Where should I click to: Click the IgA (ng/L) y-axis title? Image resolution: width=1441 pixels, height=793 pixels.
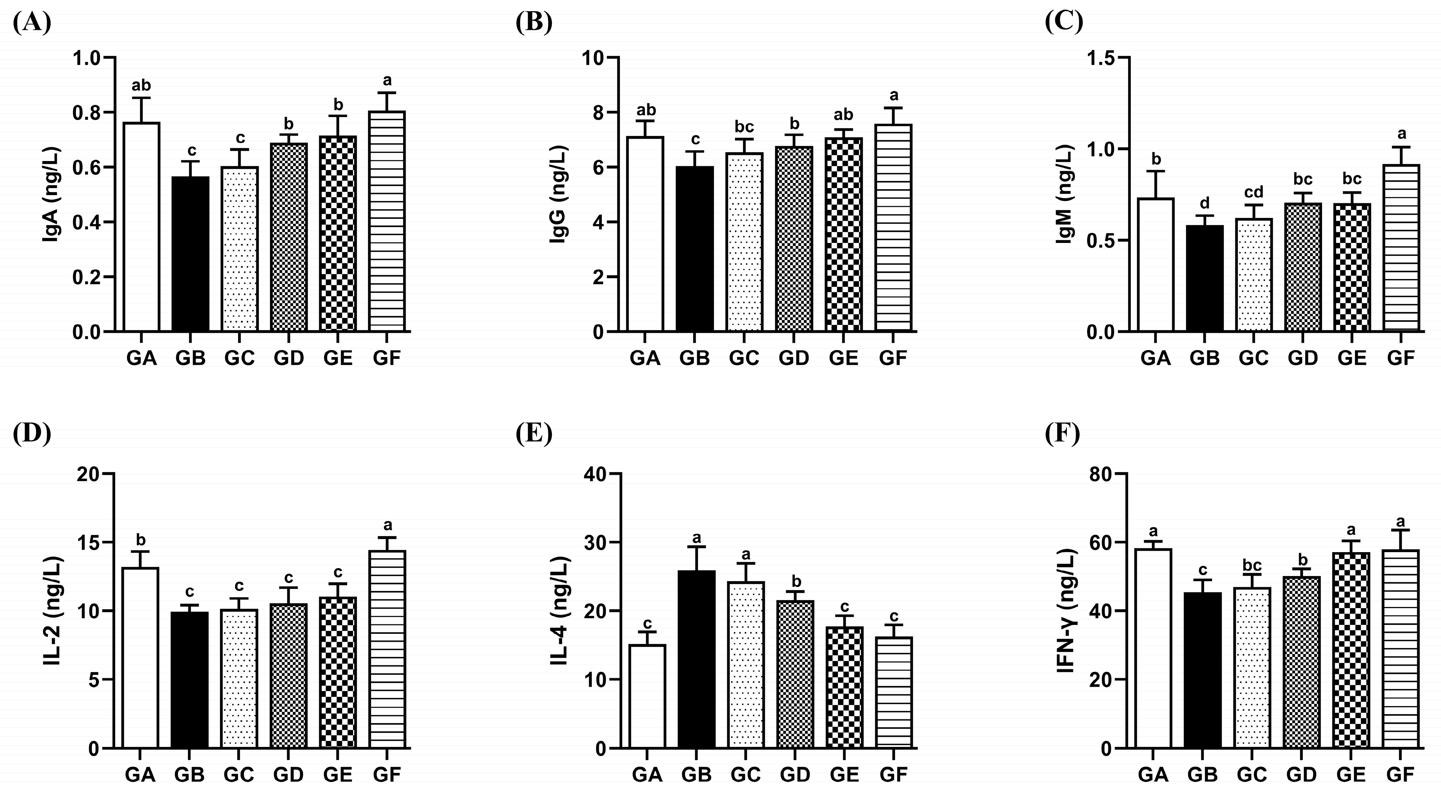pos(51,195)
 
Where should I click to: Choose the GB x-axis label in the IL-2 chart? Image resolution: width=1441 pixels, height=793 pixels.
pos(190,775)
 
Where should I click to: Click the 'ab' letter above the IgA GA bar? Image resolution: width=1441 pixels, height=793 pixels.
pos(142,86)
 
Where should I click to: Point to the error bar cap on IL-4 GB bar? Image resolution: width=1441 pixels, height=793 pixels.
pos(697,547)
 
